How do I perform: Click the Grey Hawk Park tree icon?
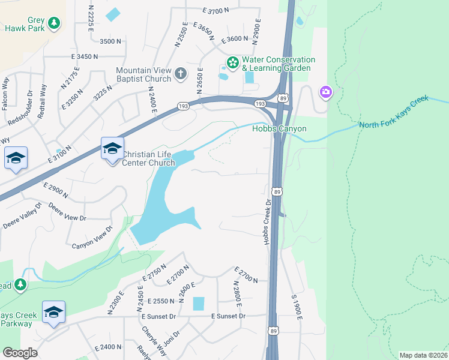55,23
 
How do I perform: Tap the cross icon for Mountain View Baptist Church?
181,74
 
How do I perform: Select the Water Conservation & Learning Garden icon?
232,62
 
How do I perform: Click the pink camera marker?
325,92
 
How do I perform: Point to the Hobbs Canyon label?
279,128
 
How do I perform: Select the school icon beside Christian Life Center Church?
112,148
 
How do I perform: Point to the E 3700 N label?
216,11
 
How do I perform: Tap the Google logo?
20,352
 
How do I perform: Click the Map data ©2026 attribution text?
423,355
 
